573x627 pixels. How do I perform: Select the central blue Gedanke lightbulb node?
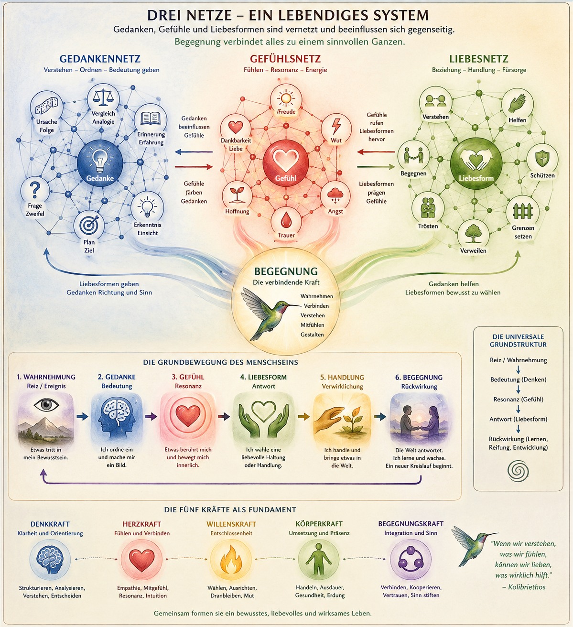(x=100, y=163)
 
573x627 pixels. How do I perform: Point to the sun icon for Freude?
(x=286, y=98)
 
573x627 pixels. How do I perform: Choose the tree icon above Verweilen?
(x=473, y=233)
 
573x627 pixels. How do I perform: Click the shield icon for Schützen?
(x=542, y=159)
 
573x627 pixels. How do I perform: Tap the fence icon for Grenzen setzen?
(x=523, y=211)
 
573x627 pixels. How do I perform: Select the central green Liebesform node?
(x=476, y=163)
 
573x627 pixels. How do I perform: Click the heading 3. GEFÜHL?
(x=188, y=377)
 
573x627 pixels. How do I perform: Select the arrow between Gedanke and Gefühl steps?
(x=151, y=416)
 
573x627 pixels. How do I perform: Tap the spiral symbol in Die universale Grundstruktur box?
(x=518, y=471)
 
